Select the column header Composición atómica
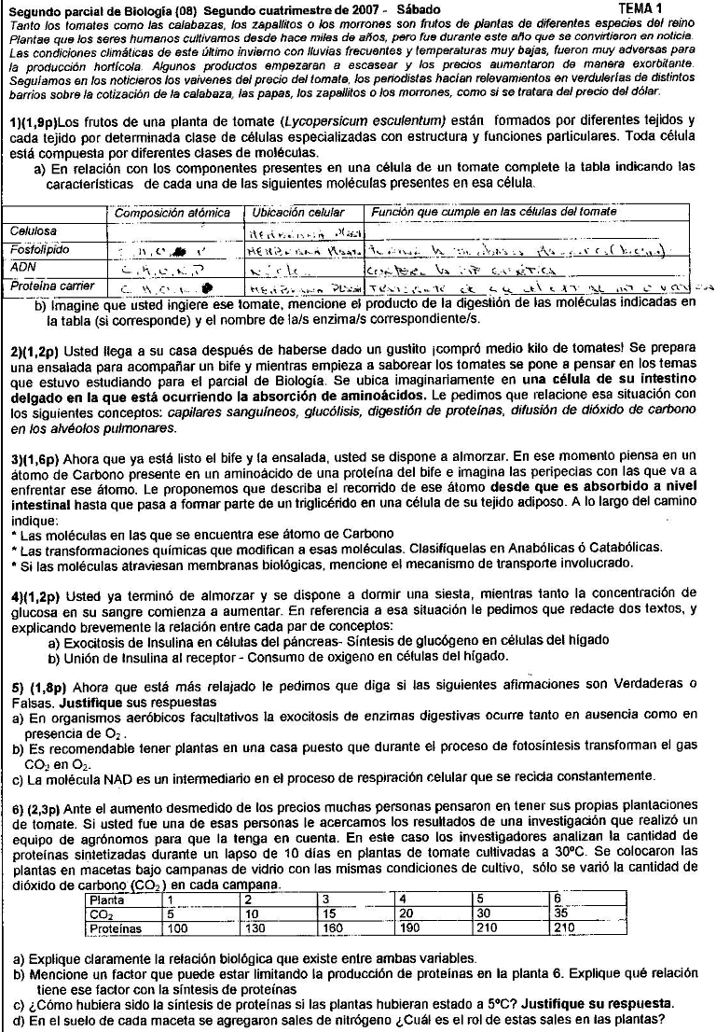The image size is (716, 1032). click(x=172, y=213)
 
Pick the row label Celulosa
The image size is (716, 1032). click(x=34, y=230)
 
